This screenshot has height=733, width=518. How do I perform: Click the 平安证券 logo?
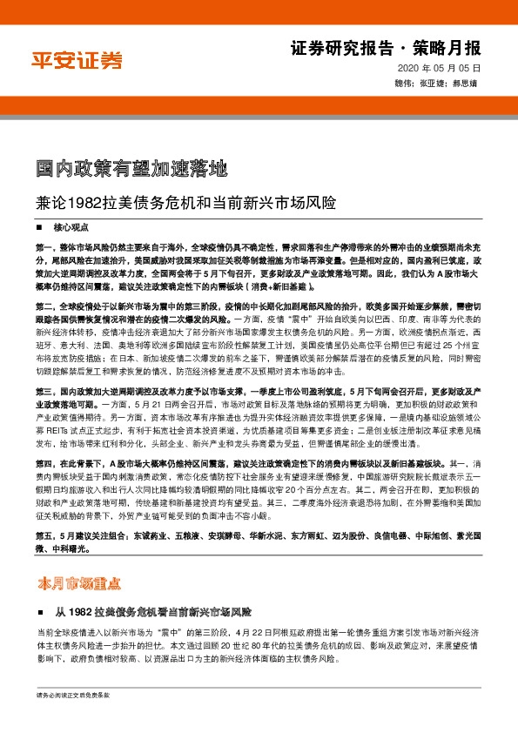[x=77, y=60]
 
